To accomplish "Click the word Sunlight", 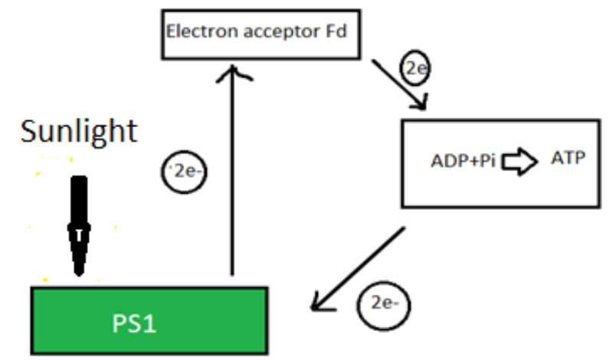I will click(79, 132).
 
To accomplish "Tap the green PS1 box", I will click(149, 321).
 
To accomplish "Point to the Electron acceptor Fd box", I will click(260, 34).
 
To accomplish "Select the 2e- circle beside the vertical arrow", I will click(183, 170).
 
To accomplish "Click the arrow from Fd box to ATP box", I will click(398, 84).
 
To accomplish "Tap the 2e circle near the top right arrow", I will click(416, 70).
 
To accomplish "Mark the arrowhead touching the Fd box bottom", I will click(232, 71).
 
